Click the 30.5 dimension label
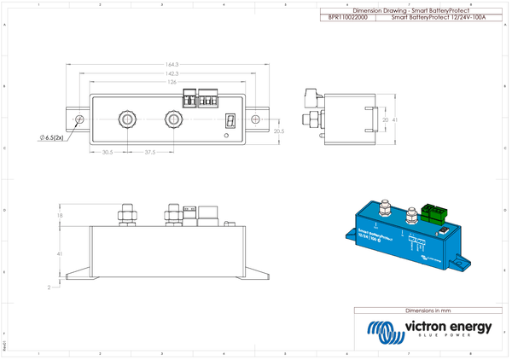point(108,153)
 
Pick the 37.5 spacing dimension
point(149,153)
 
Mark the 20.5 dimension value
point(278,131)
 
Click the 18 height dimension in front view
point(59,217)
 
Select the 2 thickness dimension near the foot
point(49,287)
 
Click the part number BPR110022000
point(348,16)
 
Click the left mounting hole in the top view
point(80,119)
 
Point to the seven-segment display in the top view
point(230,120)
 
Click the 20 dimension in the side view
point(385,120)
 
